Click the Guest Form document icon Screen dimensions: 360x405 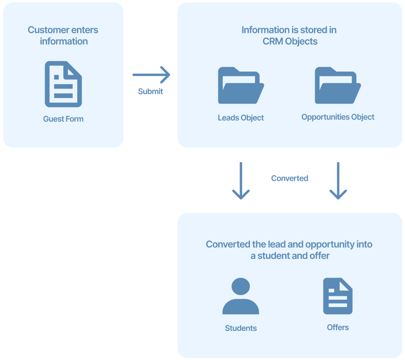[x=63, y=84]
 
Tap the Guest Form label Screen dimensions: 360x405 [x=63, y=119]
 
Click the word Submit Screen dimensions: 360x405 [x=151, y=92]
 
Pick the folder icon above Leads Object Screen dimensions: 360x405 [x=240, y=85]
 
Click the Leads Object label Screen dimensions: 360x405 [x=241, y=118]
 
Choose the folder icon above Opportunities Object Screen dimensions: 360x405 [x=338, y=85]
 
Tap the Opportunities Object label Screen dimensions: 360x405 [x=338, y=117]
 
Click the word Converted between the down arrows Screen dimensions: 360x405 [x=290, y=178]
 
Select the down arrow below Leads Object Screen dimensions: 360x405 [x=241, y=181]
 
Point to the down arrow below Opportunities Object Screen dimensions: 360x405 [x=338, y=181]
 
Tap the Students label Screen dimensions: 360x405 [x=241, y=328]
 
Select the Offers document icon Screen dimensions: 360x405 [x=338, y=296]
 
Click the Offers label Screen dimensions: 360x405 [x=338, y=327]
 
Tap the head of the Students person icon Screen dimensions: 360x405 [x=240, y=287]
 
